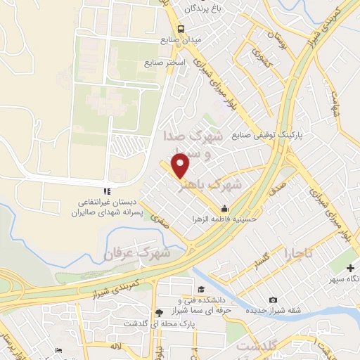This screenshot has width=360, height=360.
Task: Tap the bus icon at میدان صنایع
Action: pyautogui.click(x=181, y=29)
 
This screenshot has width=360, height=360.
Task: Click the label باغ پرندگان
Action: pyautogui.click(x=203, y=9)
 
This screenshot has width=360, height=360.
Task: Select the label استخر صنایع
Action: pyautogui.click(x=165, y=63)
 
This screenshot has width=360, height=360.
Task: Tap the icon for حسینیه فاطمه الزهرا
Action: pyautogui.click(x=224, y=208)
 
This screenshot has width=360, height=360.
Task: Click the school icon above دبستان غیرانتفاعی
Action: pyautogui.click(x=107, y=191)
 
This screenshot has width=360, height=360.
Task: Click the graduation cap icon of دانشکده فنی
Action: pyautogui.click(x=201, y=289)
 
